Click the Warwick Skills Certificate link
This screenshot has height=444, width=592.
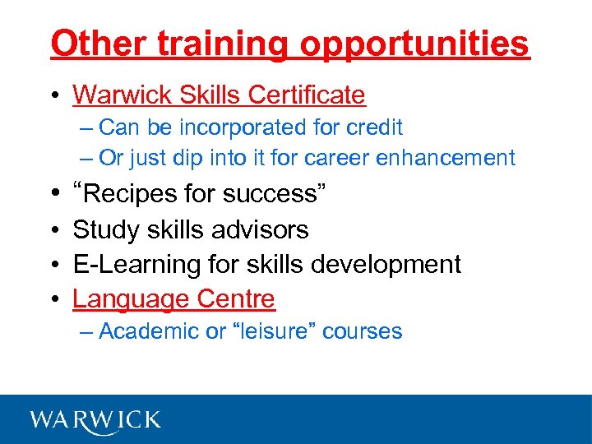click(219, 95)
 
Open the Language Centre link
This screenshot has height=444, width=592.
click(173, 299)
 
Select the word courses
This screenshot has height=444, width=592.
click(363, 331)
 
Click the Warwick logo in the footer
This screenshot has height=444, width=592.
click(95, 419)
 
